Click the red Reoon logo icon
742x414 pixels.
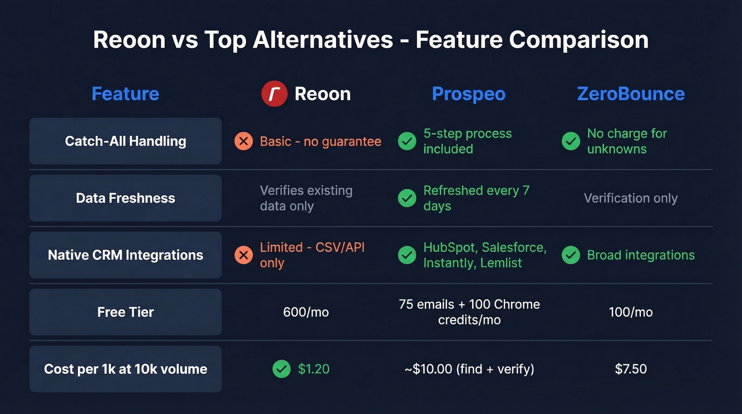[x=274, y=94]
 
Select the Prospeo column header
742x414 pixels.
[x=469, y=94]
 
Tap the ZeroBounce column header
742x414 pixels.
[x=631, y=94]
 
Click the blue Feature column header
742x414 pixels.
[x=125, y=94]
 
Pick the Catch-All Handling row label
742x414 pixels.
[x=126, y=141]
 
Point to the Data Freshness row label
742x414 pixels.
[x=126, y=198]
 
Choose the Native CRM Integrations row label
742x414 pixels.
[x=126, y=255]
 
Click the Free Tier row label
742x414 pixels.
[x=126, y=312]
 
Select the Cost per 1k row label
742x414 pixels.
[x=126, y=369]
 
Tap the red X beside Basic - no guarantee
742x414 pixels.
[x=243, y=142]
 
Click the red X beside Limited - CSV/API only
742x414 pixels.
[x=243, y=256]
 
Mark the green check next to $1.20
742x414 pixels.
[x=281, y=369]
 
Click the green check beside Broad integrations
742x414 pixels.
[x=571, y=256]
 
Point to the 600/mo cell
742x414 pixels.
[x=306, y=312]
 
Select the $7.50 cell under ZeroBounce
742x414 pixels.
[x=631, y=369]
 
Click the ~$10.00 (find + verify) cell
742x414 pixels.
[x=469, y=369]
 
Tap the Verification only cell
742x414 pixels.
[x=631, y=198]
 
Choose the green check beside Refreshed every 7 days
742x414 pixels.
[x=407, y=198]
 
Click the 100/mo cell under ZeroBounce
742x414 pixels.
[x=631, y=312]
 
